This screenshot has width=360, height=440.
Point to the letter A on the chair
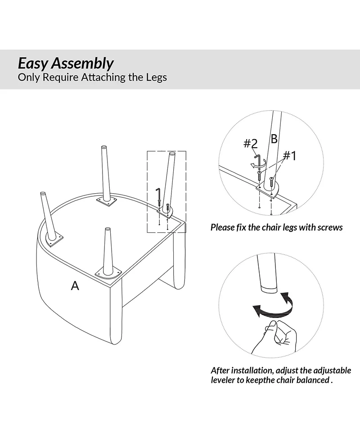75,285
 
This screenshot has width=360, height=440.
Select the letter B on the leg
274,138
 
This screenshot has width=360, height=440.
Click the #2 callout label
251,144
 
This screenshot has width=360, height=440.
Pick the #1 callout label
290,156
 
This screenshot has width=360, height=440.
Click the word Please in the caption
223,227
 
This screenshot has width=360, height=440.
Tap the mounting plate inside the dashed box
164,211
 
